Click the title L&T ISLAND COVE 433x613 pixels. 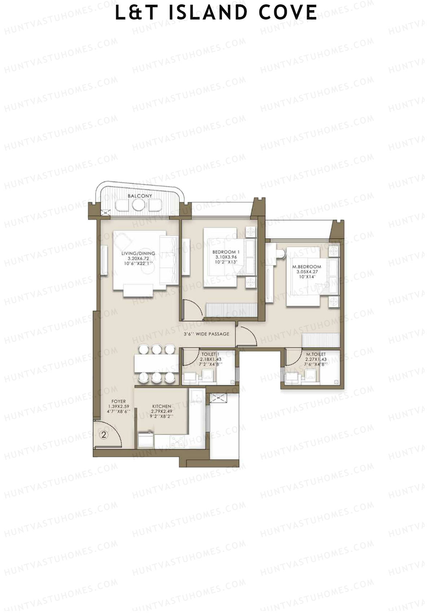coord(216,13)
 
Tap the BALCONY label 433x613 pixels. coord(140,196)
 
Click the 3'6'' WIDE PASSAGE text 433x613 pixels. coord(206,334)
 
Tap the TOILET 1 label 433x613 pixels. coord(211,359)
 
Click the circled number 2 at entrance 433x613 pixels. coord(104,435)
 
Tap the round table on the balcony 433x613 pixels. coord(138,205)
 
